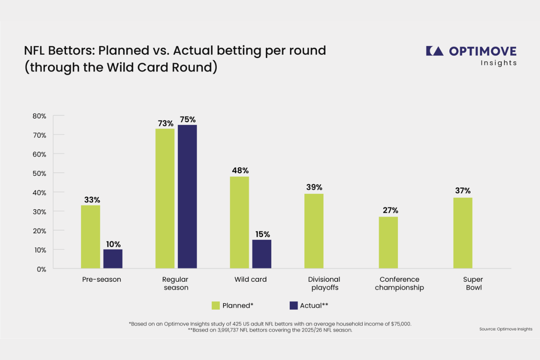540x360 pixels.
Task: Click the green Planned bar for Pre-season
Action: click(x=90, y=237)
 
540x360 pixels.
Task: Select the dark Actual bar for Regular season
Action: click(x=187, y=197)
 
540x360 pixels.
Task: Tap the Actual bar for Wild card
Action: click(x=262, y=254)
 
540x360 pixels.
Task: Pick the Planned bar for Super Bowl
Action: click(x=462, y=233)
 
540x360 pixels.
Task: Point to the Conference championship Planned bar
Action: click(x=388, y=243)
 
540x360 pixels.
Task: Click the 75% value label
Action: click(x=187, y=120)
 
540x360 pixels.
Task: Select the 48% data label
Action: click(x=239, y=171)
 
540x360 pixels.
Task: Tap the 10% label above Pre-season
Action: click(x=113, y=244)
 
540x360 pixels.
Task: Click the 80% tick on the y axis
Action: click(x=40, y=116)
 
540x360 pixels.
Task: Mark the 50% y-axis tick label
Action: click(x=40, y=173)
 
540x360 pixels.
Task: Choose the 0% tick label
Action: click(x=41, y=269)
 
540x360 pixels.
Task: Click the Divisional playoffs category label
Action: click(x=324, y=283)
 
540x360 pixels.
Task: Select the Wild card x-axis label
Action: click(x=251, y=279)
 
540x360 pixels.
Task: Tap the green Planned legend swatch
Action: click(x=216, y=306)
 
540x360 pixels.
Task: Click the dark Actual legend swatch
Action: click(x=293, y=306)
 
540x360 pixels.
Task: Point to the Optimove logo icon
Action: click(x=434, y=51)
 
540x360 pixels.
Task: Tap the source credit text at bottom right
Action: click(x=505, y=329)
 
